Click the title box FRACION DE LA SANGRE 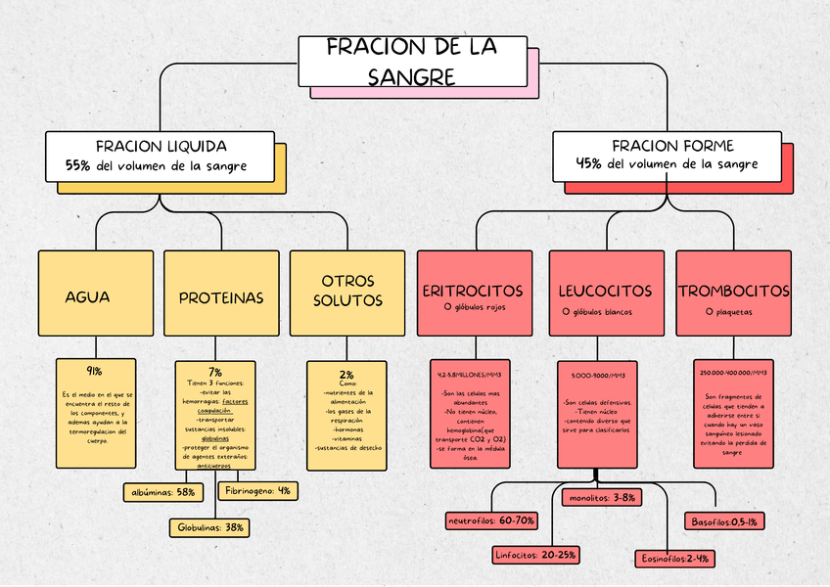tap(411, 62)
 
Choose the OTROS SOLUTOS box tap(346, 292)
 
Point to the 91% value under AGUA tap(95, 371)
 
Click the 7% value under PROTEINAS tap(215, 372)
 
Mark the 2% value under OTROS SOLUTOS tap(346, 374)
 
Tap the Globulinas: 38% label tap(210, 527)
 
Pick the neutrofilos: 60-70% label tap(491, 519)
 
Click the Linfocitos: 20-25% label tap(534, 555)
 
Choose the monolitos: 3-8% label tap(602, 497)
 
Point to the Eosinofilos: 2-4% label tap(675, 559)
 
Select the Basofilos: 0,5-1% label tap(724, 521)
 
